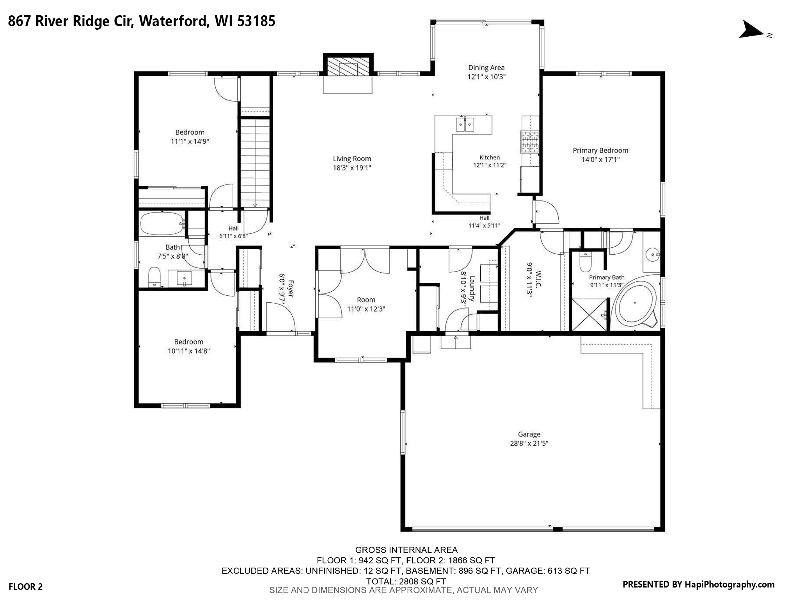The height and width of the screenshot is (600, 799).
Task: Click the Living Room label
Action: [x=352, y=159]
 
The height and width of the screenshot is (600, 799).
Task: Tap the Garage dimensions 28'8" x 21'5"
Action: [x=529, y=443]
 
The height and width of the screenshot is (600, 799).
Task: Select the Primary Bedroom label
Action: [x=600, y=150]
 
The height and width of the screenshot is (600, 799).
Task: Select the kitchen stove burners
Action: [x=529, y=141]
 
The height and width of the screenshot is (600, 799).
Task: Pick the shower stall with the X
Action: [x=589, y=315]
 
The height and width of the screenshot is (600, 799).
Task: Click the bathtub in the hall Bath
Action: [x=162, y=223]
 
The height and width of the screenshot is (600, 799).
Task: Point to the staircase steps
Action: [x=254, y=163]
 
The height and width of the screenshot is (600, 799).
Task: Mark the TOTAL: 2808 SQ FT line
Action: [x=406, y=581]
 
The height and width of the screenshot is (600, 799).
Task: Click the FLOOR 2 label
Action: [x=26, y=586]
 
